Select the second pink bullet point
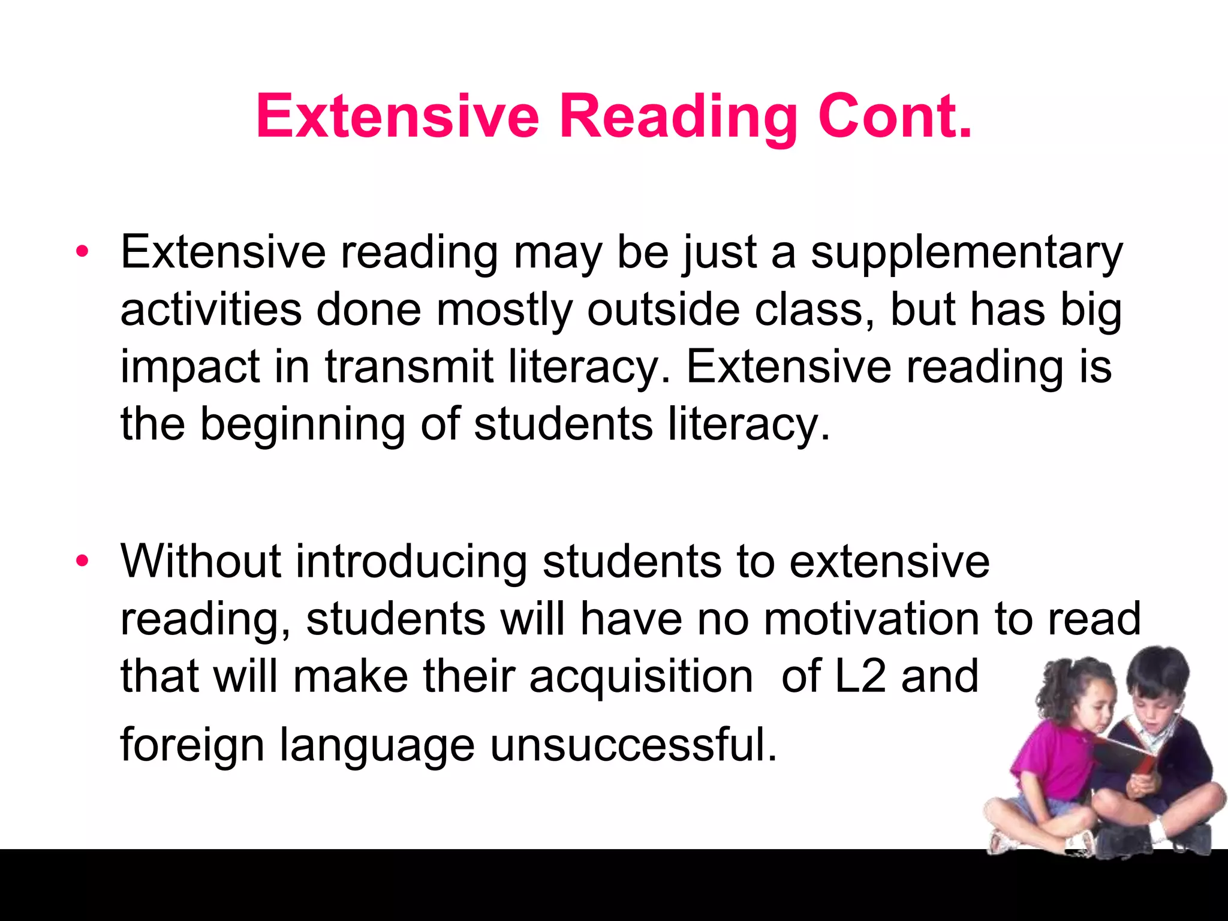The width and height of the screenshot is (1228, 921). (82, 561)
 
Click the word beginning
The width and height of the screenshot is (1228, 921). (302, 425)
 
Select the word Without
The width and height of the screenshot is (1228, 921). (201, 561)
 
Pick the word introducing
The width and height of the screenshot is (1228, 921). (411, 562)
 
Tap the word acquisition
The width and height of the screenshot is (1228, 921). (640, 677)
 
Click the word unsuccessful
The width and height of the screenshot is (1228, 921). (633, 745)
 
